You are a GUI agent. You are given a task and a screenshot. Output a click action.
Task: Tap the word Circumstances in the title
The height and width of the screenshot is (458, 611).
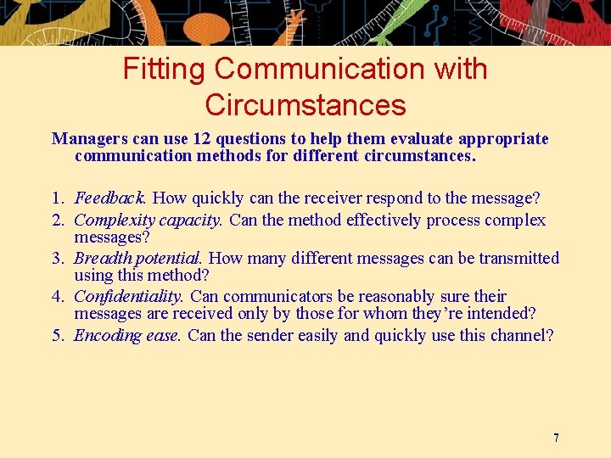[x=305, y=105]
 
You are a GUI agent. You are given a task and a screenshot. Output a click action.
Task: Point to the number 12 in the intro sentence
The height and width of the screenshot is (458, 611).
[x=205, y=138]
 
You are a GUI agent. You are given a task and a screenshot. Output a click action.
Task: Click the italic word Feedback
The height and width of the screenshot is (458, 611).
[x=109, y=198]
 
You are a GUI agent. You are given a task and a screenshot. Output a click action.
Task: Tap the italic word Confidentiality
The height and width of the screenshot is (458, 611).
[x=128, y=296]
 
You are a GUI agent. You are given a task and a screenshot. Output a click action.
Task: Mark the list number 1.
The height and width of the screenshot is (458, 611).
[x=57, y=198]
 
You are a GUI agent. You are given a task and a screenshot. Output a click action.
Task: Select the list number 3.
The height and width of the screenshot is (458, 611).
[x=57, y=258]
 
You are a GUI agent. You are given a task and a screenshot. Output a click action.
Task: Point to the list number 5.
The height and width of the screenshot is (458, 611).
[x=57, y=335]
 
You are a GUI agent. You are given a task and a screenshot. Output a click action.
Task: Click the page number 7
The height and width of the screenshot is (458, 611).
[x=556, y=438]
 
